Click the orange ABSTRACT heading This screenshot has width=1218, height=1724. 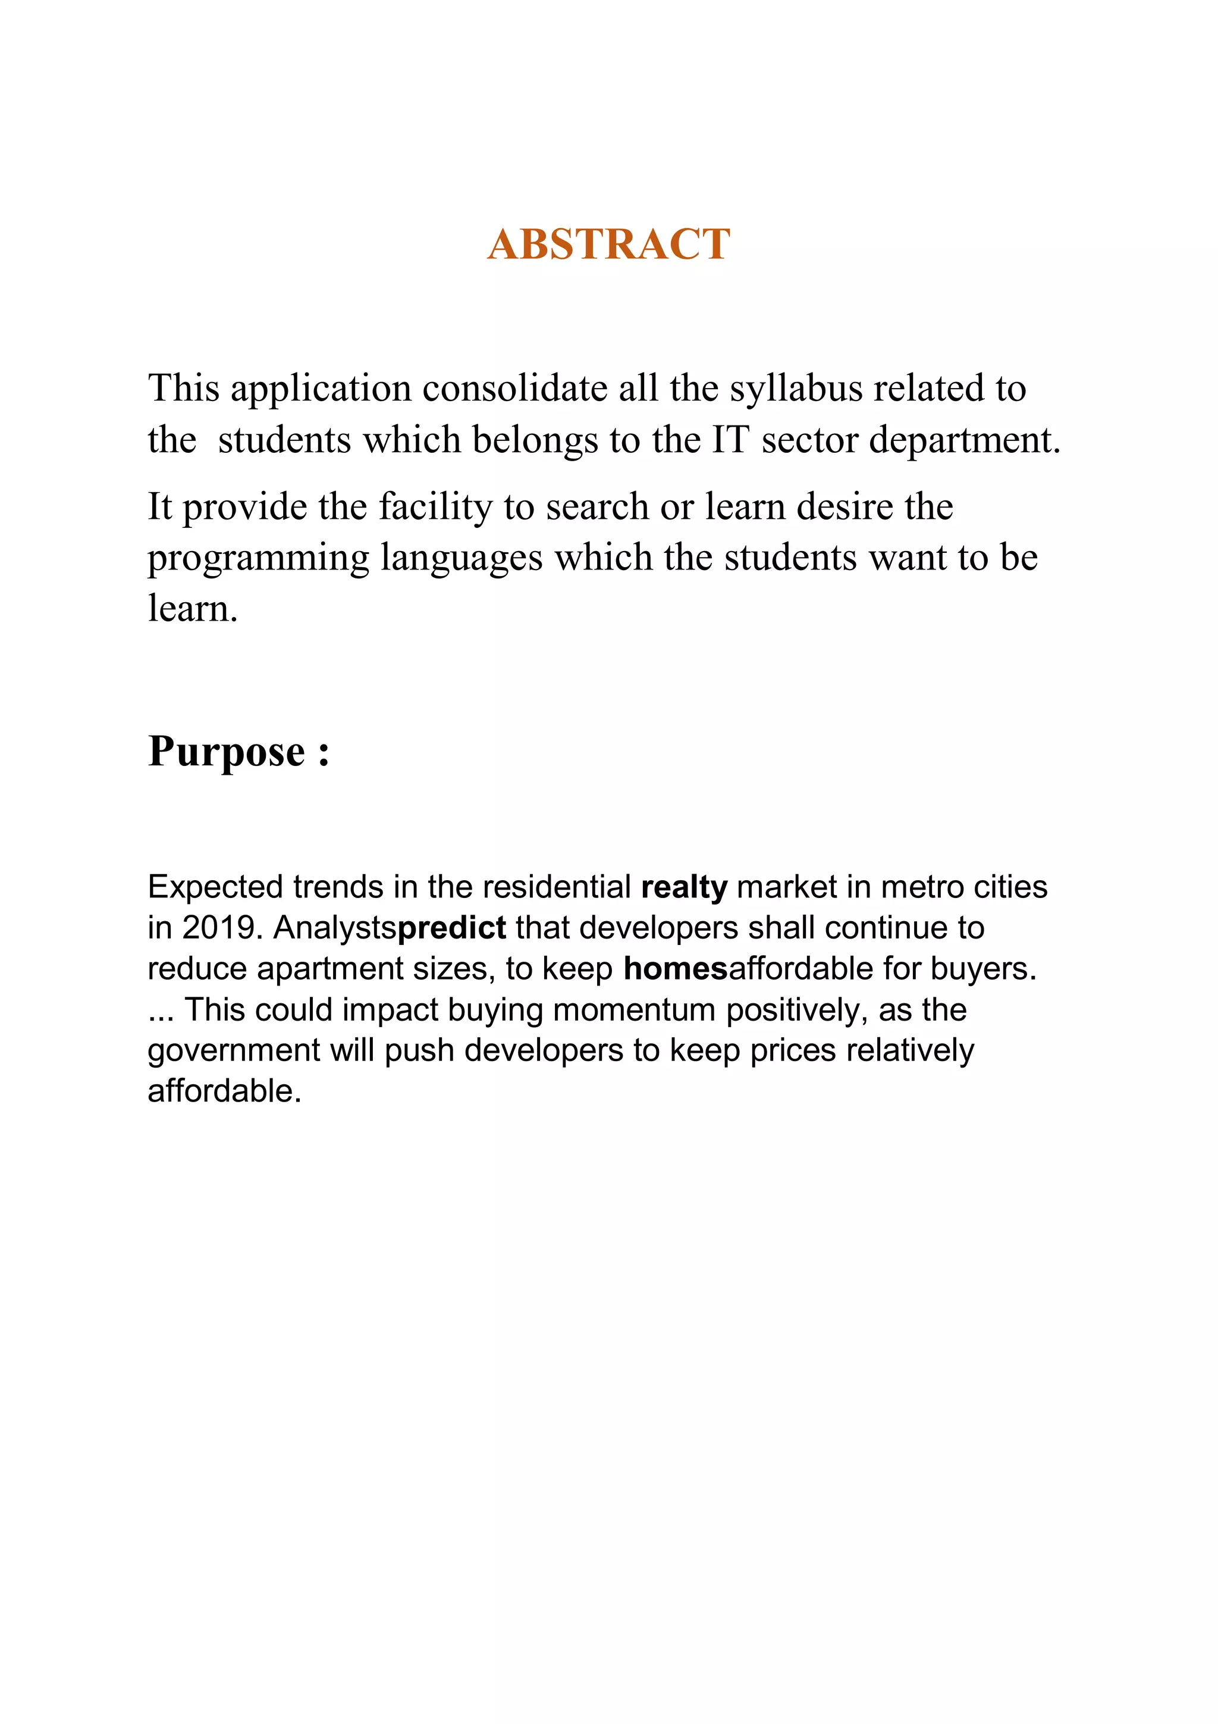pos(608,244)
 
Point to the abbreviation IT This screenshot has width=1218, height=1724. pos(730,439)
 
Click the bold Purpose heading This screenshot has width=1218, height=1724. pos(238,751)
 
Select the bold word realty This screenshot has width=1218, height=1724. pos(684,887)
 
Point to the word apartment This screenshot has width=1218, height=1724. pos(328,969)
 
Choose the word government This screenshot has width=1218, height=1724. pos(233,1050)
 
